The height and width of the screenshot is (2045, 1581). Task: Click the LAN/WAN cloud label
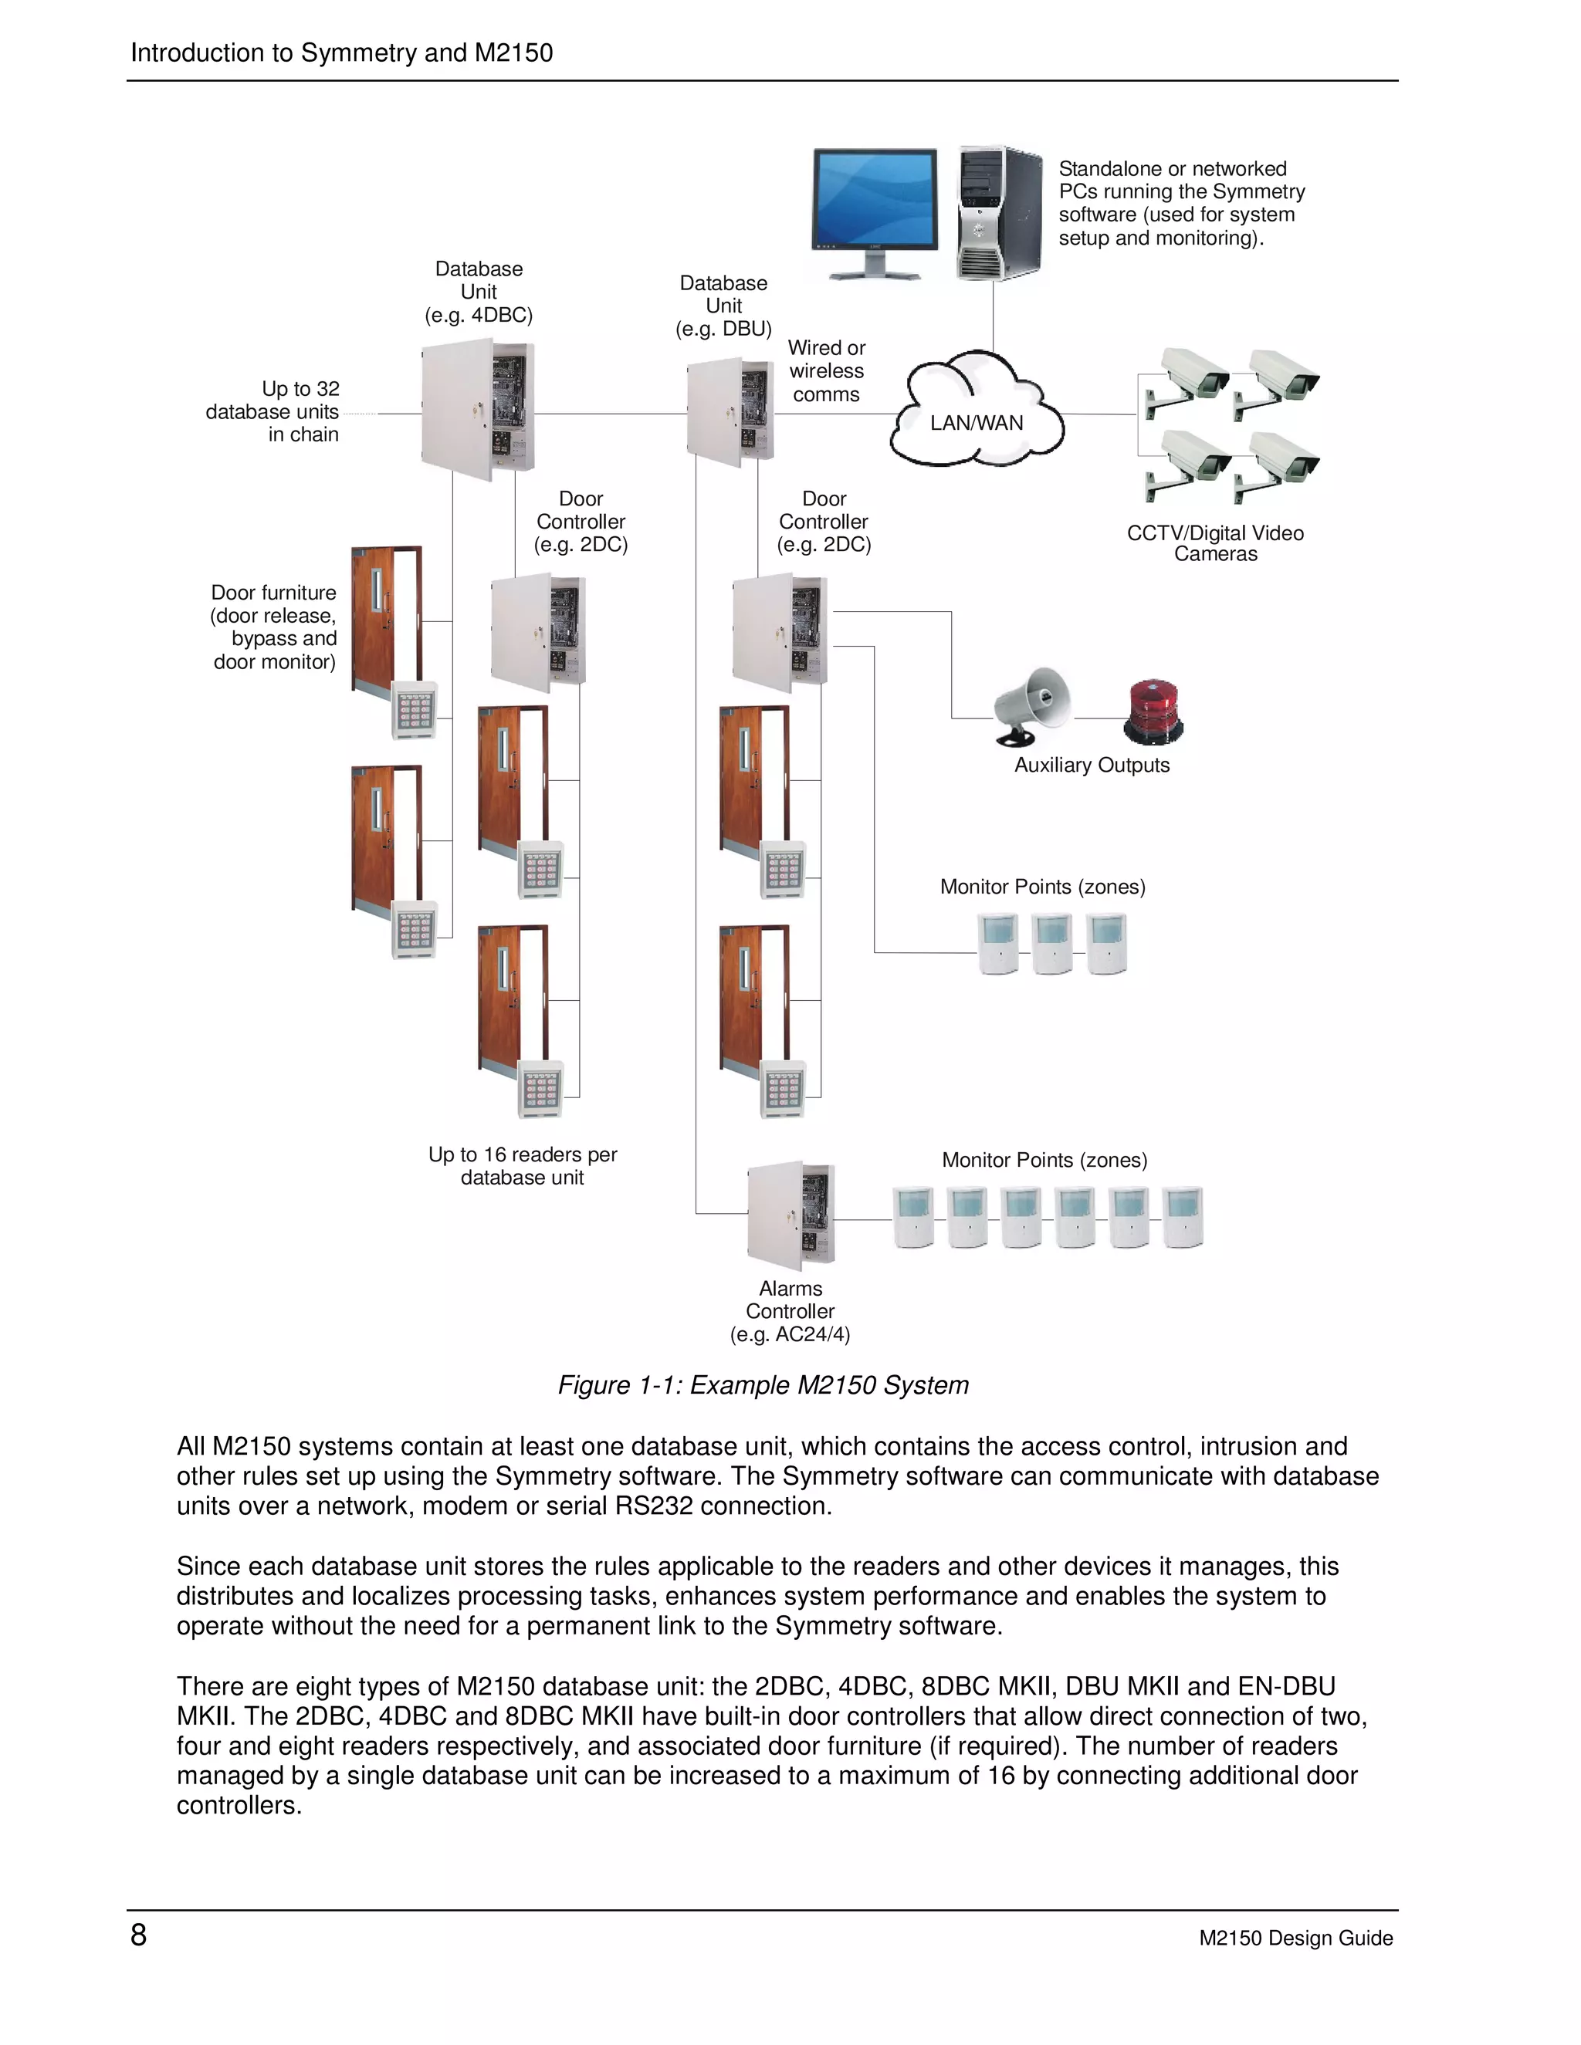click(x=976, y=422)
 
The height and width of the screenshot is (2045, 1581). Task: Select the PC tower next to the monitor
click(x=998, y=214)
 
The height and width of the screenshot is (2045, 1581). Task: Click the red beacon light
click(x=1154, y=712)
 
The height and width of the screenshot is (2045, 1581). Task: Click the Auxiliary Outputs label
click(x=1091, y=765)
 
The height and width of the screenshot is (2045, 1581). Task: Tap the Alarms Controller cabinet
click(x=790, y=1215)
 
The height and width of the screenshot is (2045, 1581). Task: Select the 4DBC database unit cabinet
click(x=476, y=411)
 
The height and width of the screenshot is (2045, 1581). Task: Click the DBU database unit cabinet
click(x=730, y=412)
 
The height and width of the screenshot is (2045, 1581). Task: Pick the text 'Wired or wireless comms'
click(x=826, y=370)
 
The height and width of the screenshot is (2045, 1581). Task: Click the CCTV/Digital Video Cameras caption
click(x=1215, y=543)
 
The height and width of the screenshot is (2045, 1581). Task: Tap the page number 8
click(x=139, y=1935)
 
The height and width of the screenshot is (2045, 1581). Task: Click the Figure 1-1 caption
click(x=763, y=1385)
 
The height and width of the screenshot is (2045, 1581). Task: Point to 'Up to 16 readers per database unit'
click(x=523, y=1166)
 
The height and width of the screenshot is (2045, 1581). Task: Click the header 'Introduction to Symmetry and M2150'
click(x=341, y=52)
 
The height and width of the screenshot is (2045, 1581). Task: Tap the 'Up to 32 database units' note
click(x=273, y=411)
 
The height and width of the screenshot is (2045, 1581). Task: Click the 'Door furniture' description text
click(x=273, y=627)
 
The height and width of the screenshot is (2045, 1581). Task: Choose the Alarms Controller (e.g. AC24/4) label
click(x=790, y=1311)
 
